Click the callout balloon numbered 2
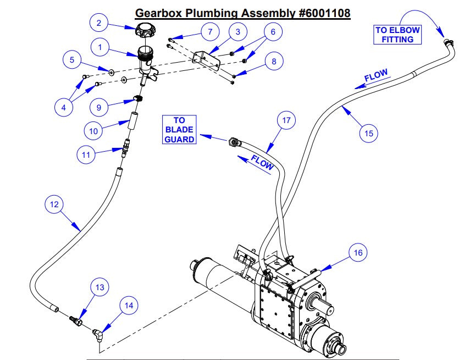(x=99, y=23)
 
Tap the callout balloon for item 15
(x=369, y=132)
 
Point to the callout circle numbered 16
(x=357, y=253)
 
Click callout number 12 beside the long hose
(x=54, y=204)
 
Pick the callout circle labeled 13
(x=100, y=287)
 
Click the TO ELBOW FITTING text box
(x=397, y=34)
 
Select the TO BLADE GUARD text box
(x=179, y=130)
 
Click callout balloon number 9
(x=99, y=107)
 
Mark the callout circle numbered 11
(x=85, y=154)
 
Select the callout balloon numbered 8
(x=274, y=62)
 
